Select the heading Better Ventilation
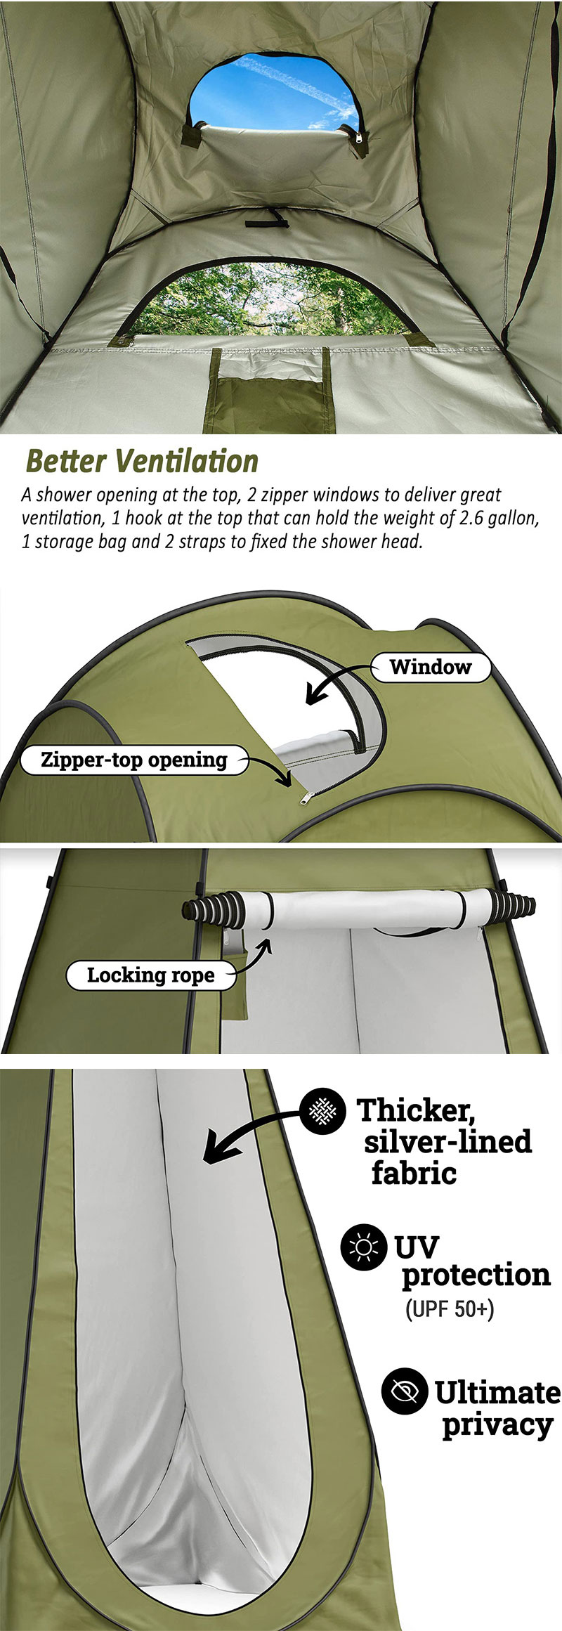[x=142, y=462]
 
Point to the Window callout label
[x=430, y=667]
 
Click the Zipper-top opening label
[x=133, y=760]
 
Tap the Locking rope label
[x=150, y=975]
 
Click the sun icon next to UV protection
[x=363, y=1247]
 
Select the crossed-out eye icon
[x=404, y=1390]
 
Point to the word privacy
[x=497, y=1424]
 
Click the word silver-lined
[x=447, y=1142]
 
